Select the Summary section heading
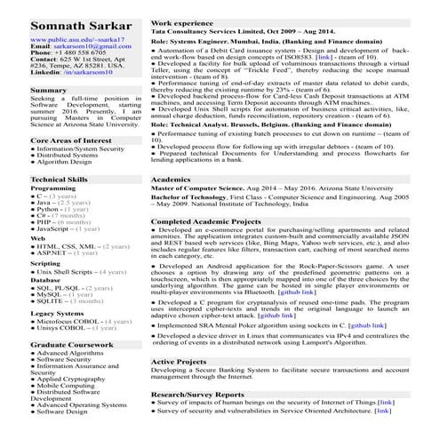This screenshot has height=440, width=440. pos(48,91)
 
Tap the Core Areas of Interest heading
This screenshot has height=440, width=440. pos(71,140)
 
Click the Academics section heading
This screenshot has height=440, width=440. pos(171,179)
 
